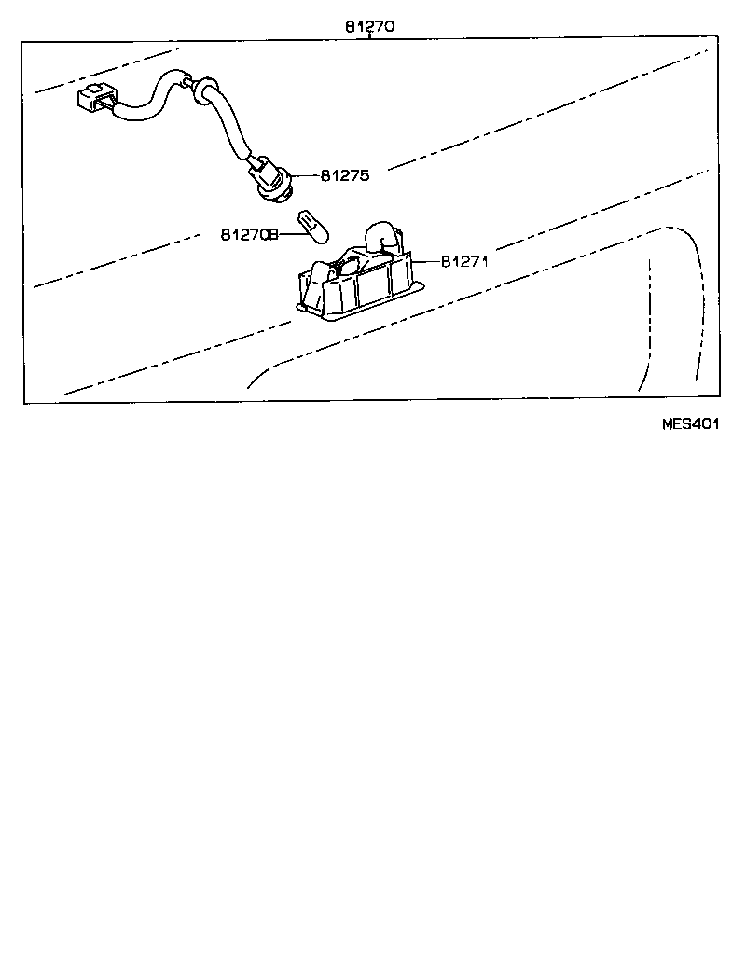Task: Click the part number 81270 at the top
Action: [x=369, y=27]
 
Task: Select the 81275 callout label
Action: [x=345, y=174]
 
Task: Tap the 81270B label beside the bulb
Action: [x=249, y=234]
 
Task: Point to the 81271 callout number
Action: [x=464, y=261]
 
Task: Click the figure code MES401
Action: [x=690, y=423]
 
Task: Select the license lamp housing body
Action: [x=359, y=284]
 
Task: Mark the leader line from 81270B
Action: [x=287, y=234]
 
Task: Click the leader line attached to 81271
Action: [x=427, y=261]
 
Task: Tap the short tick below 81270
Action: [x=369, y=36]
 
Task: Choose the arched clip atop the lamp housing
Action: [x=382, y=235]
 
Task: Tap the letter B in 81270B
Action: [x=274, y=234]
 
